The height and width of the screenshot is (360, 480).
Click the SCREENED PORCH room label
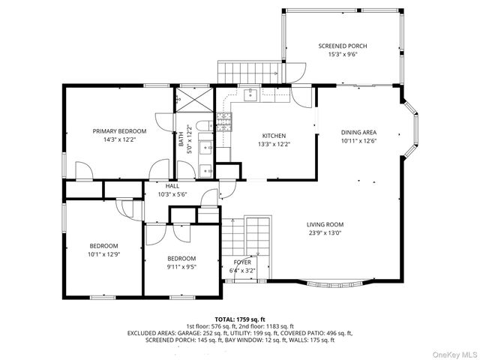342,46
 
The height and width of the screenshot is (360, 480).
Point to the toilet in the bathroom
203,126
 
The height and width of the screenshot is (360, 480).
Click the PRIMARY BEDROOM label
119,130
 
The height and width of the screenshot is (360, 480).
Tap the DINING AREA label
358,131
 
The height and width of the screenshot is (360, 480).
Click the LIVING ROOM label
325,224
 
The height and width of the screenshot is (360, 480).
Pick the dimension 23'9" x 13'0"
325,233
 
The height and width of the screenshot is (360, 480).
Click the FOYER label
241,262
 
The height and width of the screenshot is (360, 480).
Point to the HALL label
172,186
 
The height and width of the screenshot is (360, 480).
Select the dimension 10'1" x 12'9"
104,255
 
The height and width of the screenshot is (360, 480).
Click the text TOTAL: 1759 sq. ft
240,319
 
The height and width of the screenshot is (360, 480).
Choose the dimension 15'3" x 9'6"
342,55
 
